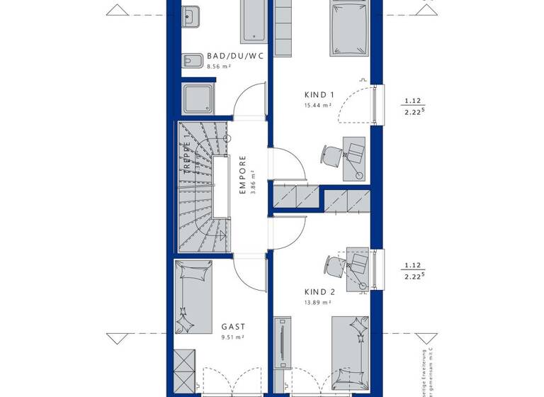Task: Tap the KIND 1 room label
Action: [x=319, y=95]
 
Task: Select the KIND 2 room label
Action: [x=319, y=292]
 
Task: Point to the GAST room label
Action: [x=233, y=327]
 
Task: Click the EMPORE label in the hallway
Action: [x=242, y=175]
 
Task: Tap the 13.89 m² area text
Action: [x=318, y=302]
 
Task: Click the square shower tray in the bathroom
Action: [x=198, y=98]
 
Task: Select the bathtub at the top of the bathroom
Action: [x=253, y=21]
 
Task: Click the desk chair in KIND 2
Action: [x=332, y=266]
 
